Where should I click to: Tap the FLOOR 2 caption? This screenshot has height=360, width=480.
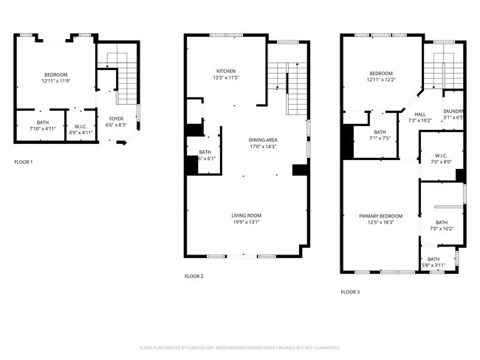[x=193, y=276]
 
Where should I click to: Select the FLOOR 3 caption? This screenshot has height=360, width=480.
[x=350, y=292]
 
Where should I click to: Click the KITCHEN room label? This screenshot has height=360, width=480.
[x=226, y=71]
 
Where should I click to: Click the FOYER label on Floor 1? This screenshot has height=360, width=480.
[x=117, y=119]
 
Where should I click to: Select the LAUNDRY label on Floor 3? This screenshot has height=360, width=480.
[x=453, y=111]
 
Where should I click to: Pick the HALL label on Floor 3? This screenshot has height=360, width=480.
[x=419, y=114]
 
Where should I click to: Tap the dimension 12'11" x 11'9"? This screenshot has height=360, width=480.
[x=55, y=81]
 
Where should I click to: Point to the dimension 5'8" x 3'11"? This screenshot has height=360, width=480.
[x=433, y=265]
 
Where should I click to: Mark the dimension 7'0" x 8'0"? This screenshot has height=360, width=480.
[x=441, y=162]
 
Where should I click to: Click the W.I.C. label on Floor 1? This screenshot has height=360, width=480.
[x=81, y=126]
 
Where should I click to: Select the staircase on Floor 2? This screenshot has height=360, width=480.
[x=287, y=77]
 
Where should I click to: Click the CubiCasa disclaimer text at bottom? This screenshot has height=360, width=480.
[x=239, y=347]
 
